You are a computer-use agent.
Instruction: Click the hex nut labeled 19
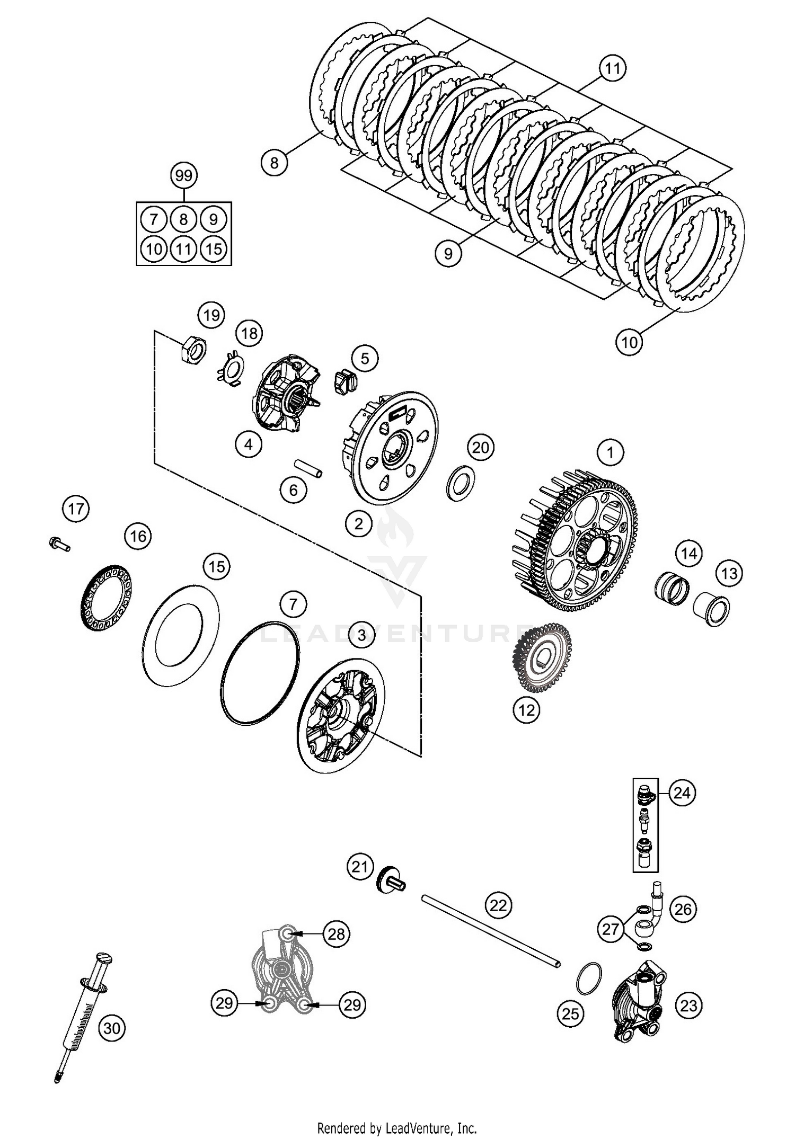coord(191,351)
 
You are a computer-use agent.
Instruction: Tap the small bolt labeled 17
coord(59,544)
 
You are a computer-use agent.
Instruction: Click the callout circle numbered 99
coord(183,175)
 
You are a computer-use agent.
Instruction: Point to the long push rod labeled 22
coord(490,930)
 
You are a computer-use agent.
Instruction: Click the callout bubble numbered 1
coord(610,452)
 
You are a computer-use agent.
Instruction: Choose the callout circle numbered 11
coord(612,68)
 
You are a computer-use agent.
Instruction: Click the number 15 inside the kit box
coord(214,248)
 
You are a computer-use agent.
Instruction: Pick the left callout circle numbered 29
coord(225,1003)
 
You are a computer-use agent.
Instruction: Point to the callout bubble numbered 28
coord(336,933)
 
